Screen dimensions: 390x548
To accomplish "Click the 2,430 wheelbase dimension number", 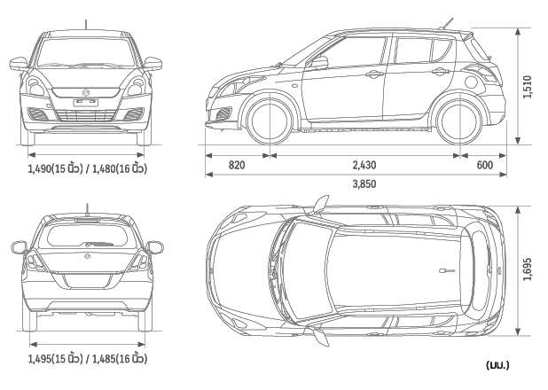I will click(x=363, y=165).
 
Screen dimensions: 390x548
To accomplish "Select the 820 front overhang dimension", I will click(x=237, y=165).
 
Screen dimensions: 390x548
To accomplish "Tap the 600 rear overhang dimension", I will click(x=484, y=165).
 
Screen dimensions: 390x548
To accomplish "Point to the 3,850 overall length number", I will click(x=364, y=184).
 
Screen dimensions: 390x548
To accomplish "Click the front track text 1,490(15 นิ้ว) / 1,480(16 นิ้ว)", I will click(x=87, y=168).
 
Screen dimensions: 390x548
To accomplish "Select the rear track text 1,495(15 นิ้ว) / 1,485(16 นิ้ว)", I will click(x=87, y=359).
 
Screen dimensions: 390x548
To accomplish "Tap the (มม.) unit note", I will click(x=497, y=364).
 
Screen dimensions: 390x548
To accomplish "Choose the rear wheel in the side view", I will click(x=460, y=121).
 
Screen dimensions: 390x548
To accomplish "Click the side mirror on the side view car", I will click(x=320, y=63).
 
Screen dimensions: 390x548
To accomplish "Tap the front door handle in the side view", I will click(x=373, y=74).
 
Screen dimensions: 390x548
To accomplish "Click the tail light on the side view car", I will click(x=482, y=74).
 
